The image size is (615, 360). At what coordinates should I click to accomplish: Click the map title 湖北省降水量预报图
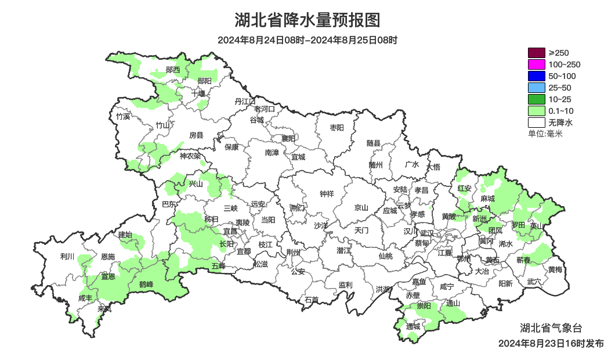[x=307, y=20]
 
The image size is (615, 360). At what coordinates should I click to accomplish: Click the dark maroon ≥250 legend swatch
[x=537, y=53]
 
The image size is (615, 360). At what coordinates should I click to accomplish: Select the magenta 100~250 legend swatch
[x=537, y=64]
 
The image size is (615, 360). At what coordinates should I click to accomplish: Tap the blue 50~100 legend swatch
[x=537, y=76]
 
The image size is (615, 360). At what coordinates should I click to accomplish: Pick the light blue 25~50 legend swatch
[x=537, y=88]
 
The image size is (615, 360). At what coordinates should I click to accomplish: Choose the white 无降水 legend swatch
[x=537, y=123]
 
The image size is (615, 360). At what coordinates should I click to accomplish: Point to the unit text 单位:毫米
[x=545, y=134]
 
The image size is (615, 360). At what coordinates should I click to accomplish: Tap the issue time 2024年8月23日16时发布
[x=551, y=344]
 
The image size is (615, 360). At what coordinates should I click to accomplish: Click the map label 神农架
[x=190, y=156]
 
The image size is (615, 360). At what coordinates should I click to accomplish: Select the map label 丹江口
[x=245, y=102]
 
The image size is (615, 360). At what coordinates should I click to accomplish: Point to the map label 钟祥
[x=327, y=194]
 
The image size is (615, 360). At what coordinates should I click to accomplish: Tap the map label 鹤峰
[x=146, y=284]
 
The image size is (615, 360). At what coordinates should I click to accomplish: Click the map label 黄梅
[x=555, y=269]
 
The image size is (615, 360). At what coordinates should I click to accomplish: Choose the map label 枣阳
[x=337, y=127]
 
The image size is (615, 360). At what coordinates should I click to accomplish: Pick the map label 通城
[x=413, y=326]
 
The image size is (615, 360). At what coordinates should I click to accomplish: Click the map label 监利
[x=345, y=285]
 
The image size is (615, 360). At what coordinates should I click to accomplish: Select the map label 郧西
[x=173, y=70]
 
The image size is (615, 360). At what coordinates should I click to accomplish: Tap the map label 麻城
[x=487, y=199]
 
